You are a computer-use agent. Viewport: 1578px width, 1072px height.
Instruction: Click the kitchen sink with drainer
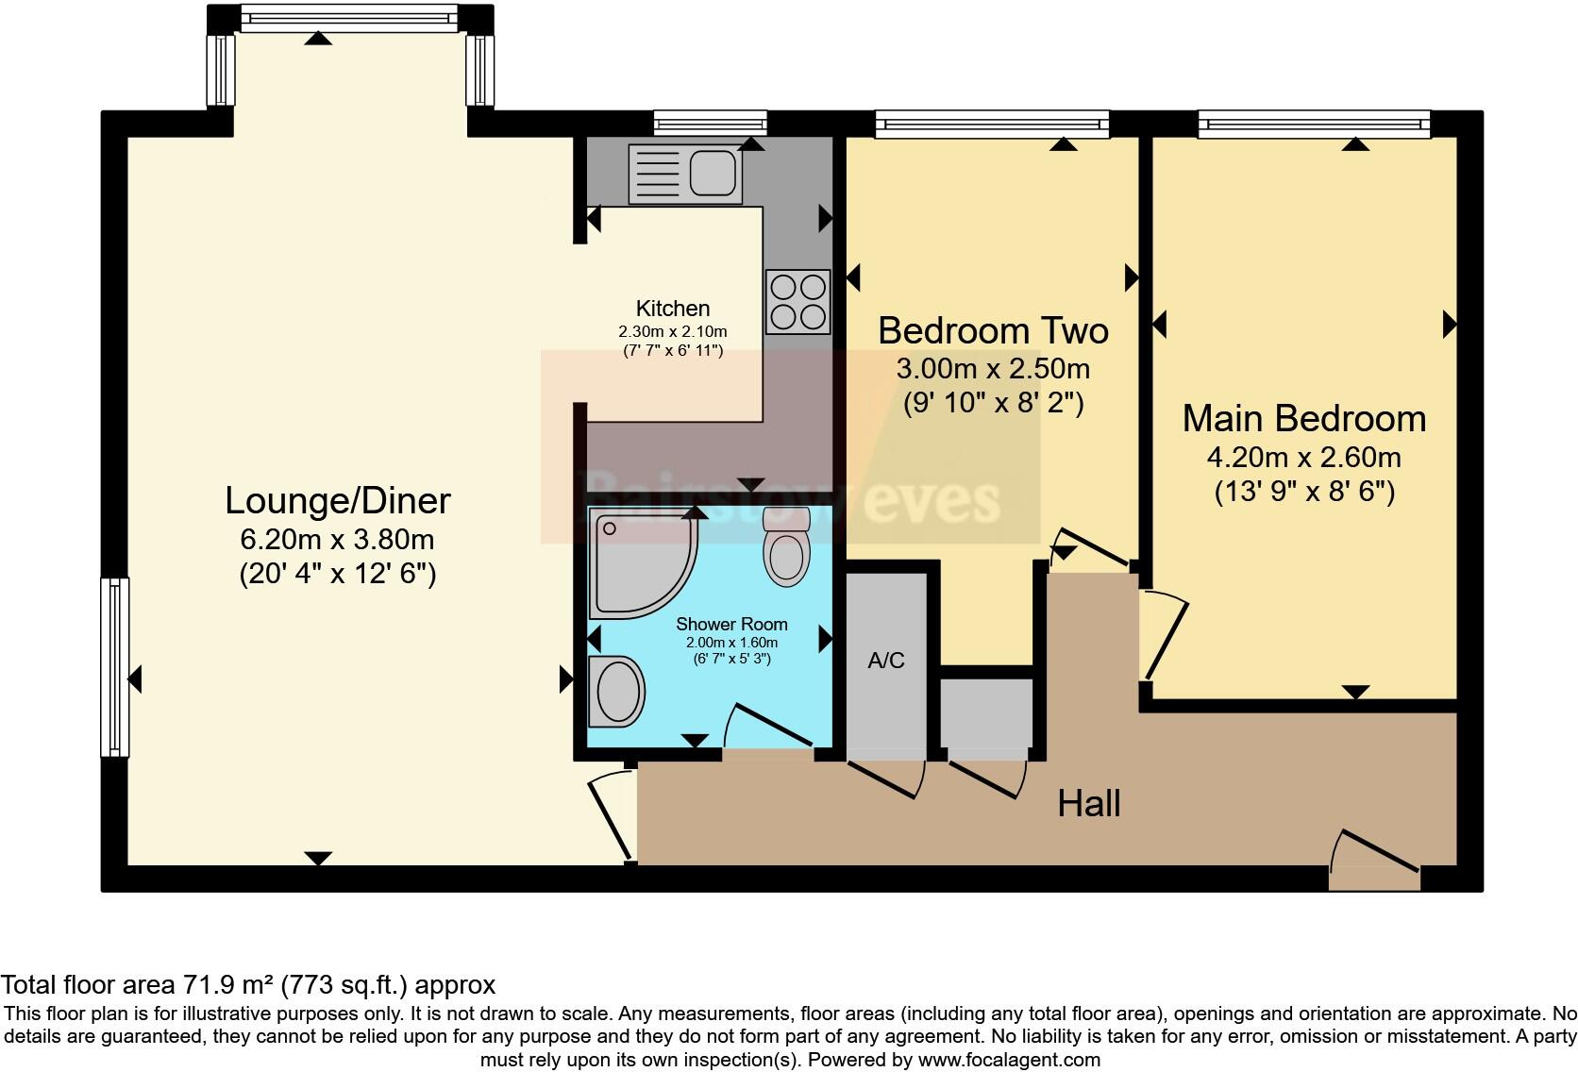[x=685, y=174]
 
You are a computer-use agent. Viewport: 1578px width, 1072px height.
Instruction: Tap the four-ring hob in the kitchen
[x=797, y=302]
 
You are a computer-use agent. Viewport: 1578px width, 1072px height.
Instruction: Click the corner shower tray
[x=638, y=562]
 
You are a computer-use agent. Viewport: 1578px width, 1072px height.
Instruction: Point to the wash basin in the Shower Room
[x=617, y=691]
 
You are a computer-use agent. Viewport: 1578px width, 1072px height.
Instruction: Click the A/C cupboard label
[x=885, y=661]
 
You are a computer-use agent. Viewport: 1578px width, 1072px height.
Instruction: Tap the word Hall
[x=1088, y=804]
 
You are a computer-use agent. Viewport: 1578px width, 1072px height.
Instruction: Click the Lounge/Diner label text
[x=337, y=501]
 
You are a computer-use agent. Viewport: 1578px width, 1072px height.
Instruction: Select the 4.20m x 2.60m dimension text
[x=1303, y=458]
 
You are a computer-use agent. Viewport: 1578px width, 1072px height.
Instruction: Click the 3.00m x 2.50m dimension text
[x=993, y=369]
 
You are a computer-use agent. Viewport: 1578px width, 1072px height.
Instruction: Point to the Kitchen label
[x=672, y=309]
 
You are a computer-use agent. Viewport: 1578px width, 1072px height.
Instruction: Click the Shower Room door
[x=769, y=729]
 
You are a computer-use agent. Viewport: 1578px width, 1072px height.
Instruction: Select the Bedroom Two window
[x=991, y=123]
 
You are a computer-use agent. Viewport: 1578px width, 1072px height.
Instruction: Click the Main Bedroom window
[x=1314, y=123]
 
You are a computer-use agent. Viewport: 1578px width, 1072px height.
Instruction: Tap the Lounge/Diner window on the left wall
[x=114, y=667]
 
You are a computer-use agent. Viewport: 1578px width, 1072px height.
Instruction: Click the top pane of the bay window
[x=348, y=18]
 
